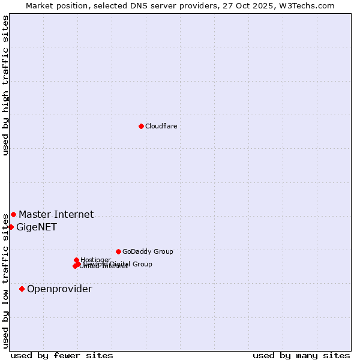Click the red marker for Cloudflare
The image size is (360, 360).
click(141, 126)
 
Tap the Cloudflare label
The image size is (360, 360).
click(161, 126)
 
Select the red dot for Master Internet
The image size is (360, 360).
click(13, 214)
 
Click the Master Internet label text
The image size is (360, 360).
click(56, 214)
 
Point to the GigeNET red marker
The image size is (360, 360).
click(11, 227)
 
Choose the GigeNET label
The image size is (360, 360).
click(37, 227)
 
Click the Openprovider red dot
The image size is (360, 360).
click(22, 289)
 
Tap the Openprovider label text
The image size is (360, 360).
click(59, 289)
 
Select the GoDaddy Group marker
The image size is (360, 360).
click(118, 251)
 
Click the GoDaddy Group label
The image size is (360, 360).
click(148, 251)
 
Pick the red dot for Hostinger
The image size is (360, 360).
click(76, 260)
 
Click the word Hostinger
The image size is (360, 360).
click(96, 260)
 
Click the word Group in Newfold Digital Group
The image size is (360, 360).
click(142, 264)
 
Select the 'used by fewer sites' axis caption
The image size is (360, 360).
click(62, 355)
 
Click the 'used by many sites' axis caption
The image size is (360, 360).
click(301, 355)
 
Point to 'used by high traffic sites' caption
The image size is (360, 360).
click(5, 85)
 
